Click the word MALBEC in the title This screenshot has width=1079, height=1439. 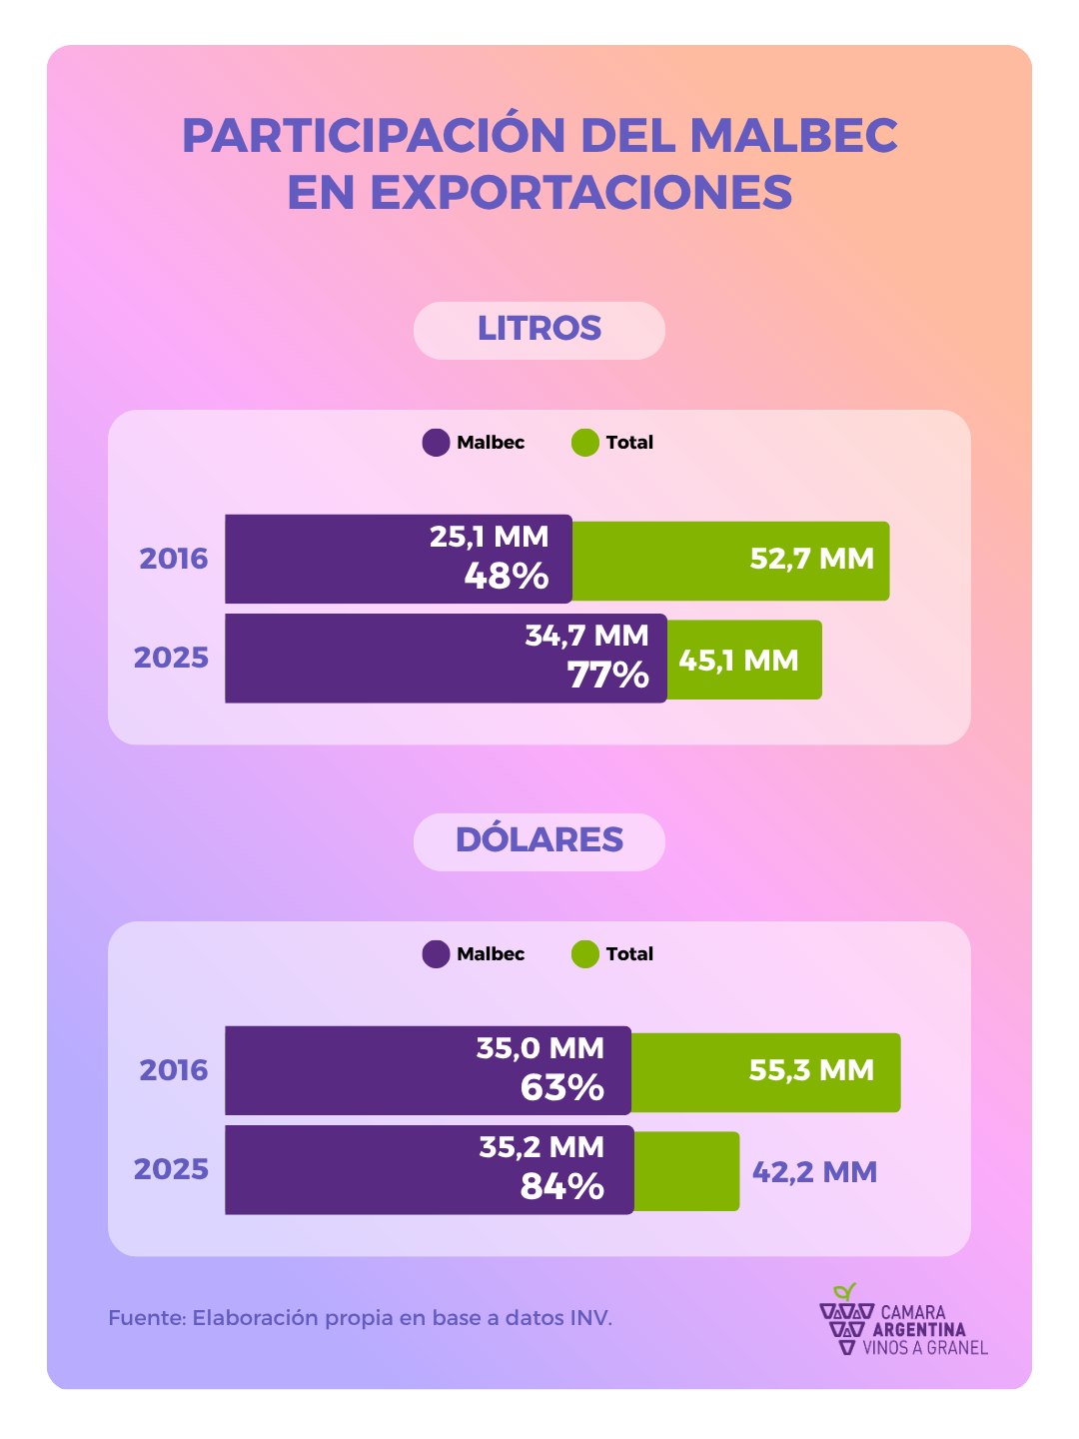point(794,136)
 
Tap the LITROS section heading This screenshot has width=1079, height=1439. point(539,329)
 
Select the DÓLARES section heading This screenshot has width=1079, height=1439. point(539,840)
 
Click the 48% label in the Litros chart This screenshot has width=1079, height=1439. point(507,577)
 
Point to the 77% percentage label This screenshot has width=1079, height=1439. point(608,677)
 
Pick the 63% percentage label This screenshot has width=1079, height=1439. point(562,1088)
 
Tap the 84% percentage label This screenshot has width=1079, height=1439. point(562,1187)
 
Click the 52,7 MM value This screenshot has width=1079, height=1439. point(811,559)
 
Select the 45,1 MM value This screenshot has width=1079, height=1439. point(738,661)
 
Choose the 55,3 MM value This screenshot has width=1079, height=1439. point(811,1070)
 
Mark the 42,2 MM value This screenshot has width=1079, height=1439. point(814,1172)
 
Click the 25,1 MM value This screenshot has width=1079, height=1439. point(490,538)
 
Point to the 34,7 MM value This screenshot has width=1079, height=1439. point(587,636)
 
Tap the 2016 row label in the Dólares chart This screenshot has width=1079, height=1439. point(174,1070)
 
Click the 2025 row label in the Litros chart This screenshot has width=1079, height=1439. point(172,658)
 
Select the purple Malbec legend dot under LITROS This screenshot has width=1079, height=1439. point(437,443)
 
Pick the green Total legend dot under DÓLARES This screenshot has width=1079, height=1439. point(585,954)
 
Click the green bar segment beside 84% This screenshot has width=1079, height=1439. point(687,1171)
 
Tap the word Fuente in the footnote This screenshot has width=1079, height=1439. point(146,1318)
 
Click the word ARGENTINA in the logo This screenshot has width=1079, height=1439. point(919,1330)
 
